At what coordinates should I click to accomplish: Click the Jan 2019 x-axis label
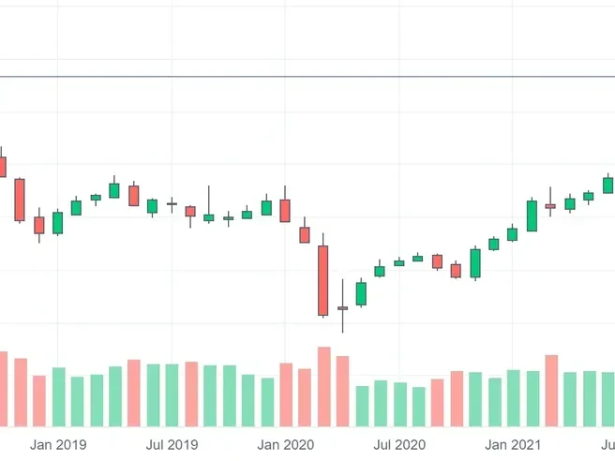[58, 444]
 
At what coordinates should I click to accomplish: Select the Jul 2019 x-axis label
[172, 444]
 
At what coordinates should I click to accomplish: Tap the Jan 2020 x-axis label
[286, 444]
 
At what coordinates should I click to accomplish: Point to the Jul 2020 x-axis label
[400, 444]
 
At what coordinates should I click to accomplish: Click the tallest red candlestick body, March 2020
[323, 280]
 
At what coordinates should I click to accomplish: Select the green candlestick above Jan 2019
[57, 222]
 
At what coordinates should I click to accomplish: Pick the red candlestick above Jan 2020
[285, 211]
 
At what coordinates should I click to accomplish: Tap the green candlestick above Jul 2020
[399, 262]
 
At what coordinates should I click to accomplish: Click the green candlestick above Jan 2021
[513, 233]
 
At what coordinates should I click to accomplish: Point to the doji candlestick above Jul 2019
[172, 203]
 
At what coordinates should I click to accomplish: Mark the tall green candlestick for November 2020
[475, 263]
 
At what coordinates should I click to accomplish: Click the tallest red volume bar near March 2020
[323, 386]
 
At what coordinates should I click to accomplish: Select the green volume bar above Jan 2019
[58, 396]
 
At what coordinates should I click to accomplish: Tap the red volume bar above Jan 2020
[286, 394]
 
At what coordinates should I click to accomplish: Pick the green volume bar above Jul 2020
[400, 404]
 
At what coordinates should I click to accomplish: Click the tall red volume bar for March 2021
[551, 390]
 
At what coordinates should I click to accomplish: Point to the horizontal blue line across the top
[307, 77]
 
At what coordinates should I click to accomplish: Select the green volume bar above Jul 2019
[172, 394]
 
